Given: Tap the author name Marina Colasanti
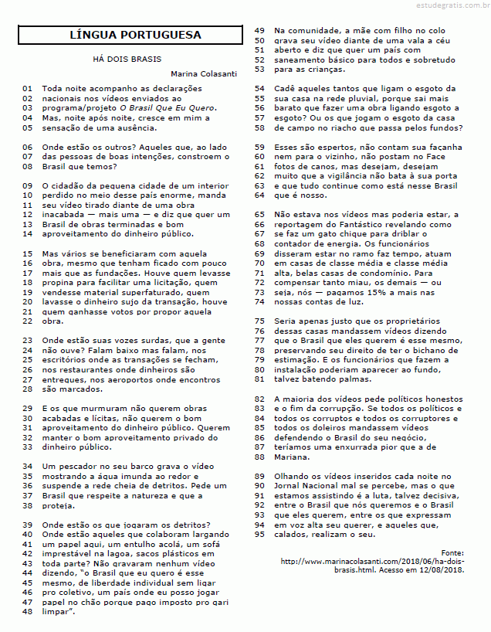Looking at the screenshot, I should click(x=204, y=74).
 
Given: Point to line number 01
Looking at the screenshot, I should click(x=27, y=89).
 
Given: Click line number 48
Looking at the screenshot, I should click(x=27, y=611).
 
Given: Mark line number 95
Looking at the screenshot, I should click(x=259, y=534).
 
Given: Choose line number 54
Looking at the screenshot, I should click(x=259, y=89).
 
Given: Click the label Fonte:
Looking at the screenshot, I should click(x=452, y=552).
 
